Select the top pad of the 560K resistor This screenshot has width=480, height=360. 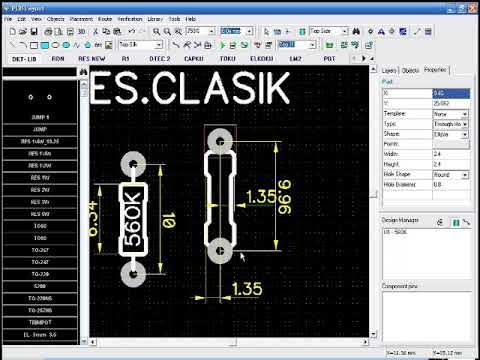tap(133, 164)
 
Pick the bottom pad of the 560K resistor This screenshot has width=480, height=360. tap(133, 272)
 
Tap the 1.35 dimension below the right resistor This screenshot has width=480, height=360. tap(245, 289)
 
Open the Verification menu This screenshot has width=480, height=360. tap(130, 19)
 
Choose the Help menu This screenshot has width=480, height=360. tap(190, 19)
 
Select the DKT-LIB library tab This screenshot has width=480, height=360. tap(24, 60)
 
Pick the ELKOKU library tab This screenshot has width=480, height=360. tap(260, 60)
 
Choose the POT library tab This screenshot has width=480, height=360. tap(328, 60)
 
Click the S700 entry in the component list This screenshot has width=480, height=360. tap(40, 285)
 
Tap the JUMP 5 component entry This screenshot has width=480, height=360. tap(40, 117)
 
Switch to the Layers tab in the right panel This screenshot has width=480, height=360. tap(390, 71)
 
